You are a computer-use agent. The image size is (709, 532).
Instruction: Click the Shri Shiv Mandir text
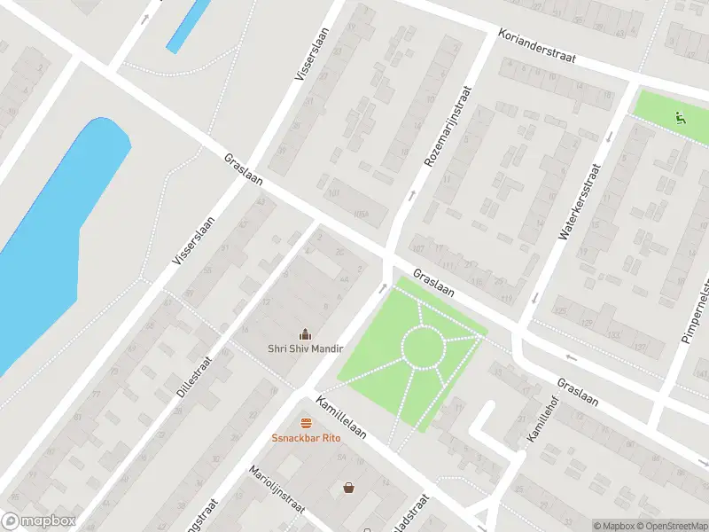pyautogui.click(x=306, y=348)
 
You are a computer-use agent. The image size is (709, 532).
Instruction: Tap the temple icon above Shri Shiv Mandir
pyautogui.click(x=306, y=333)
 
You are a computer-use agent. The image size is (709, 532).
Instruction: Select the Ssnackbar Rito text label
pyautogui.click(x=306, y=438)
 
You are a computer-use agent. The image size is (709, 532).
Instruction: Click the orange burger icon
pyautogui.click(x=306, y=423)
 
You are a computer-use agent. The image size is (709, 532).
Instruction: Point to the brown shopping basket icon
pyautogui.click(x=349, y=487)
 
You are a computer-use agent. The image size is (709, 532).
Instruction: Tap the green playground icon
pyautogui.click(x=680, y=116)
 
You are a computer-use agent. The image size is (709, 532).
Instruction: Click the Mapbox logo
pyautogui.click(x=39, y=521)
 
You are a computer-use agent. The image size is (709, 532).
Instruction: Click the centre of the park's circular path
pyautogui.click(x=423, y=347)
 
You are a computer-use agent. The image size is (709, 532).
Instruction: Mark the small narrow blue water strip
pyautogui.click(x=188, y=26)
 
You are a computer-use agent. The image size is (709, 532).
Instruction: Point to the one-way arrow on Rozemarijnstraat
pyautogui.click(x=411, y=194)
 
